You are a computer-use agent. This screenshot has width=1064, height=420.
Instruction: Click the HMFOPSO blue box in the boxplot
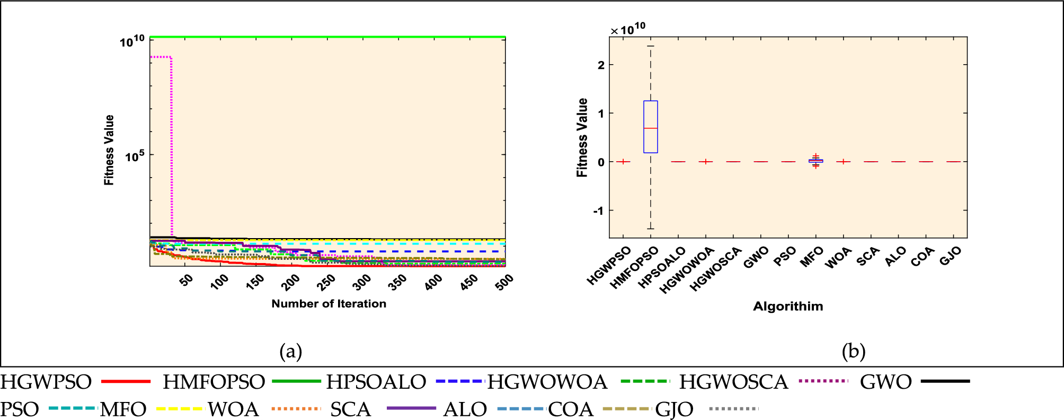point(651,127)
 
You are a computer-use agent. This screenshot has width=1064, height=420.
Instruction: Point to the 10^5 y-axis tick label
point(135,156)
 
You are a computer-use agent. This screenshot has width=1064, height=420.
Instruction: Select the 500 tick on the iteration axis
point(504,282)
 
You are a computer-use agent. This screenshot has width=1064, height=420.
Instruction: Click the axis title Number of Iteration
point(329,304)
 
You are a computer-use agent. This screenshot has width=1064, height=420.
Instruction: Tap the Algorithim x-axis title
point(788,307)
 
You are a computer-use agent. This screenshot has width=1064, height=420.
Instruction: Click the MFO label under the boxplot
point(811,257)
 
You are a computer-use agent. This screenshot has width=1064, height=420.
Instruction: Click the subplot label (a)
point(290,351)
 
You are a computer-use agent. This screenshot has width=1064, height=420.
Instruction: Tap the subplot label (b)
point(853,351)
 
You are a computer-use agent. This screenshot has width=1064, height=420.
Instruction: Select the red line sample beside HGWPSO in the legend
point(126,381)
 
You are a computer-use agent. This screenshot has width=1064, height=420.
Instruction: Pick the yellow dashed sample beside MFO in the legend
point(179,409)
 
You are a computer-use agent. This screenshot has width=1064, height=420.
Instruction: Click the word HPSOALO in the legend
point(376,382)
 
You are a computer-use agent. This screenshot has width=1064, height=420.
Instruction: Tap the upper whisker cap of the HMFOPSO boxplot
point(651,46)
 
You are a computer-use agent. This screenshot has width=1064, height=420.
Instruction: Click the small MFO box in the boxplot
point(815,161)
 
